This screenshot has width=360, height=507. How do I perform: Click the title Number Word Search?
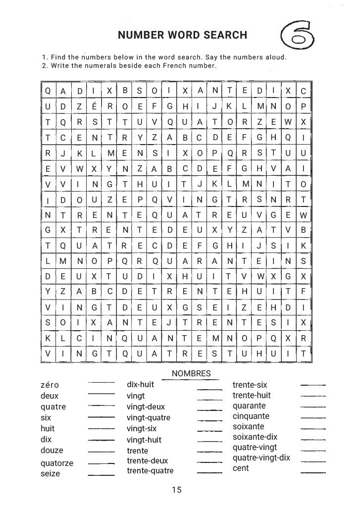click(x=182, y=35)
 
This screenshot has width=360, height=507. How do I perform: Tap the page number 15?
click(x=177, y=490)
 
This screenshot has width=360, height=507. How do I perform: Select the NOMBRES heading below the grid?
click(x=191, y=373)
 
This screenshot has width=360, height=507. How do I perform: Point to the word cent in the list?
click(x=241, y=468)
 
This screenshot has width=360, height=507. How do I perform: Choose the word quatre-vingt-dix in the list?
click(x=261, y=457)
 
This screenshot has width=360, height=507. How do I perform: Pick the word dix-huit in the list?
click(x=140, y=384)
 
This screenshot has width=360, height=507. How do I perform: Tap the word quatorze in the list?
click(x=56, y=463)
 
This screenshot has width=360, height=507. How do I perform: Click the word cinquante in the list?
click(x=251, y=416)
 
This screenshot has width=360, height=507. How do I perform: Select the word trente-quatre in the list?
click(x=150, y=471)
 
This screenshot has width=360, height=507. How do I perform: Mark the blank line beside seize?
click(x=101, y=474)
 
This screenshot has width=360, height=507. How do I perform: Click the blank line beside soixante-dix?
click(x=313, y=440)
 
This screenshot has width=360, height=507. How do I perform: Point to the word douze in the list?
click(x=51, y=450)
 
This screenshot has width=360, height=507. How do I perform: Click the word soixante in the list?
click(x=248, y=426)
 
